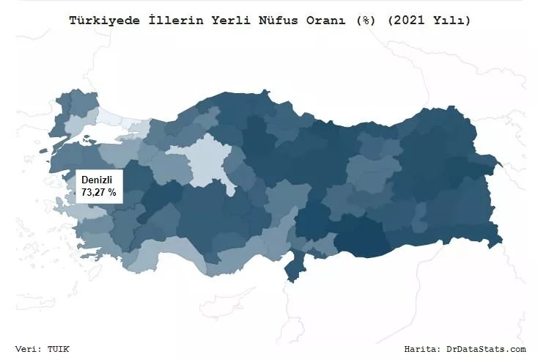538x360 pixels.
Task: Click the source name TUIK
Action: pos(59,349)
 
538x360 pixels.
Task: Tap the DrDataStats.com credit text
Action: pos(486,349)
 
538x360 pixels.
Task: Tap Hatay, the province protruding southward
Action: pos(294,268)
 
